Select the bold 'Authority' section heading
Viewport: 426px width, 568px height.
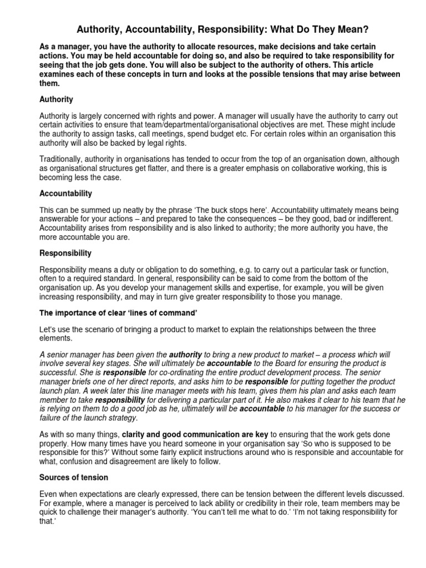pos(57,99)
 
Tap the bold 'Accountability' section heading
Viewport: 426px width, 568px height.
pos(66,194)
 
